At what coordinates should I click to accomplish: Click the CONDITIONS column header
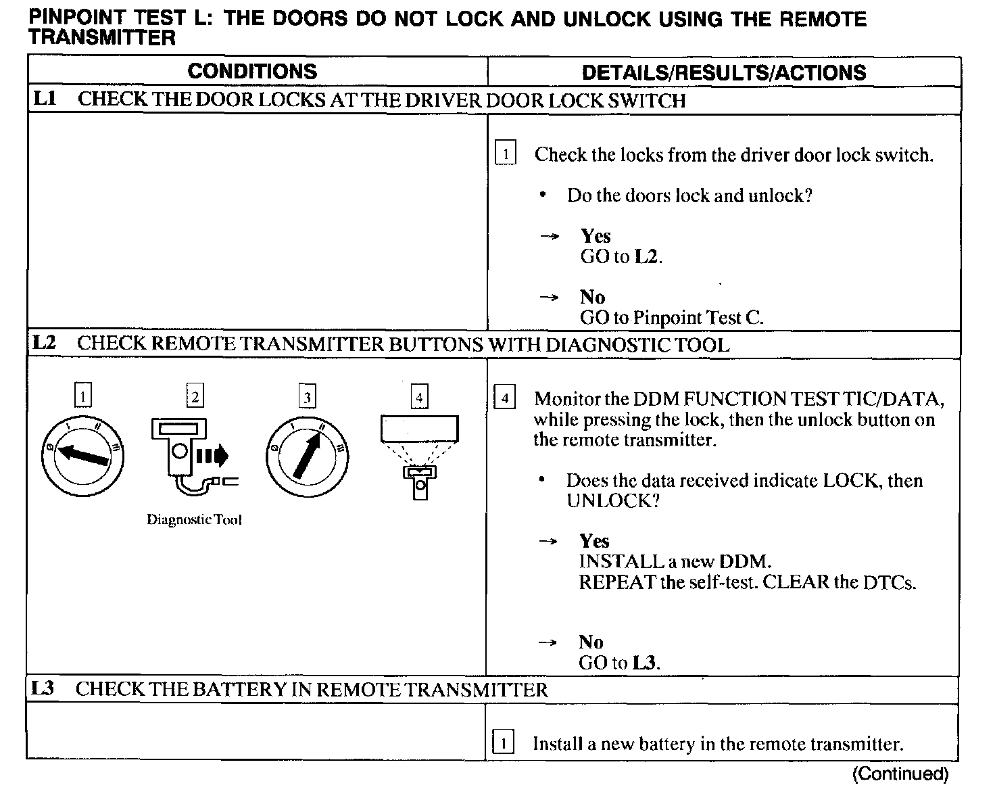click(x=252, y=72)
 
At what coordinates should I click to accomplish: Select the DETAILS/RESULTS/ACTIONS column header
click(x=723, y=72)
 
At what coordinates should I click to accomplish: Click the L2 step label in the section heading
click(x=43, y=343)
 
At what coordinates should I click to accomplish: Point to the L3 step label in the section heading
click(x=43, y=689)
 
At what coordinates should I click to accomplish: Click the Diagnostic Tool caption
click(x=195, y=520)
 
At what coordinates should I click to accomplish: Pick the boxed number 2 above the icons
click(x=195, y=397)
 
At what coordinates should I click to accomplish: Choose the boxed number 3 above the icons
click(x=308, y=397)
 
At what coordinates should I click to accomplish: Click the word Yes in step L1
click(x=596, y=236)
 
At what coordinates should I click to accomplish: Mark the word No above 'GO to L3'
click(x=591, y=642)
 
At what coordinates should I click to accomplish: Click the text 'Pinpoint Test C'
click(x=698, y=318)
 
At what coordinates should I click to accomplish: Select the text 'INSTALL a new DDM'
click(x=675, y=561)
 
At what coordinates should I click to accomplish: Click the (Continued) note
click(x=900, y=774)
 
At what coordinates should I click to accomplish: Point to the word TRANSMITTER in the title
click(x=102, y=38)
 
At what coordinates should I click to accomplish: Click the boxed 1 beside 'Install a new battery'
click(x=504, y=743)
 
